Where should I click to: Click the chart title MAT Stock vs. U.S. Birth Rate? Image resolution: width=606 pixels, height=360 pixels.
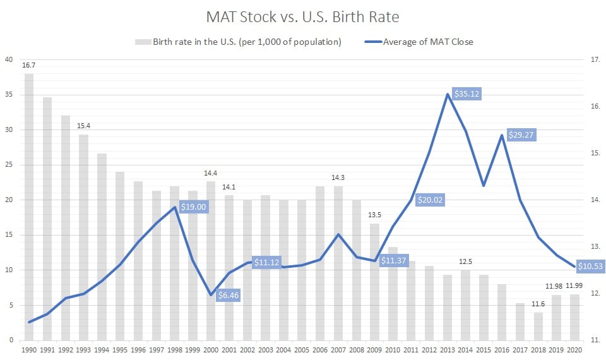coord(302,16)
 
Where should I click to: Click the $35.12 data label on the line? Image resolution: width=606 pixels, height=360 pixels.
coord(467,94)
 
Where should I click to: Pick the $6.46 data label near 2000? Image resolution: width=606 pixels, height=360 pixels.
coord(229,294)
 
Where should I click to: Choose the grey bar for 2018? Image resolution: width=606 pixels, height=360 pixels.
coord(538,326)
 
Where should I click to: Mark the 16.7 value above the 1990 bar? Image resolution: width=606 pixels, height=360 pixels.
coord(29,65)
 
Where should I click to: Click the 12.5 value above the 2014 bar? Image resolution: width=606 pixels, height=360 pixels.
coord(466,261)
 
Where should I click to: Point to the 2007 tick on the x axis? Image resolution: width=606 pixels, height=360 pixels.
coord(338,349)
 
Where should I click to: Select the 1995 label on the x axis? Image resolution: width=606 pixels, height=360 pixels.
coord(120,349)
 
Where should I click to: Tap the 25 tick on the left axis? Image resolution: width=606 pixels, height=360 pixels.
coord(8,165)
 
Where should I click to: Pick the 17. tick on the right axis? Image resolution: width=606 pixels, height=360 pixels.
coord(594,60)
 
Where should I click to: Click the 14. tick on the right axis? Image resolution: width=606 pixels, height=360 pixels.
coord(594,200)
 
